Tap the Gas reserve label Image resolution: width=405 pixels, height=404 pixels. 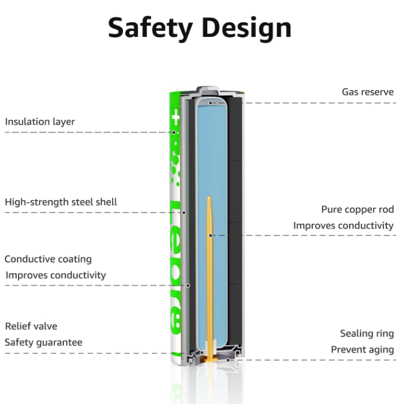tap(368, 92)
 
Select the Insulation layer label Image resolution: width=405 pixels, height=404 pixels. tap(40, 122)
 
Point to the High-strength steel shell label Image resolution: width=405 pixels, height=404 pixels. tap(61, 202)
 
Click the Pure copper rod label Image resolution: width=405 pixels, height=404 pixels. tap(357, 210)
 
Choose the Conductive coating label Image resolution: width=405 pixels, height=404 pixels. tap(48, 259)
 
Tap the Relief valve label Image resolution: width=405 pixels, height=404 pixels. tap(31, 326)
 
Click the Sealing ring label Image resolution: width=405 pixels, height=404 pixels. tap(366, 333)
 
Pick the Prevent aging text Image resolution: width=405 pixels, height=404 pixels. tap(362, 350)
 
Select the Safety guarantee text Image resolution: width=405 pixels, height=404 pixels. tap(43, 342)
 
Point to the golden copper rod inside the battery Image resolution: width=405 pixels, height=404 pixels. tap(210, 272)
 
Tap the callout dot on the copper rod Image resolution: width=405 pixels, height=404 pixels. tap(210, 235)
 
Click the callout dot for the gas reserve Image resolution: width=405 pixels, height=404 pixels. tap(210, 103)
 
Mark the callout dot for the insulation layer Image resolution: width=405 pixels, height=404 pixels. tap(174, 132)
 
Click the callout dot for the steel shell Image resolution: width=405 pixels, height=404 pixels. tap(184, 213)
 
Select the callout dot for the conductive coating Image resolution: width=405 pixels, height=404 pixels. tap(188, 285)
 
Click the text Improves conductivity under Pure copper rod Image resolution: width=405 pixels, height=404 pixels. tap(344, 225)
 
